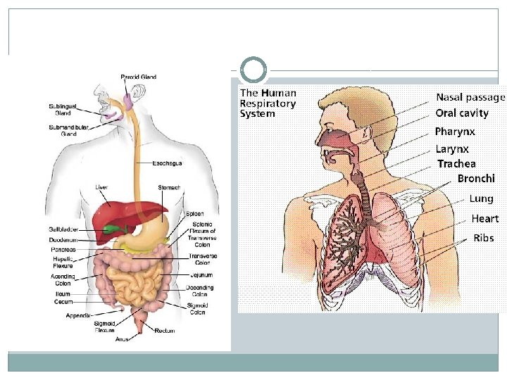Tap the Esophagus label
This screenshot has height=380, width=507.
(168, 163)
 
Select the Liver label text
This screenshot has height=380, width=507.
(102, 187)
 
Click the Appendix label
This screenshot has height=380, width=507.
(78, 315)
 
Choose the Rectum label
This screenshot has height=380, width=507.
(165, 330)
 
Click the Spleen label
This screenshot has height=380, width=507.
(195, 214)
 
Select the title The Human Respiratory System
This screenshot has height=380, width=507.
(268, 103)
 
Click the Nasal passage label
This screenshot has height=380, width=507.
(470, 97)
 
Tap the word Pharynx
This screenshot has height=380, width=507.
(454, 132)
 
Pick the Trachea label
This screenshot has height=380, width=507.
(456, 164)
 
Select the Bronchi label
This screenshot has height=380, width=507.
(476, 179)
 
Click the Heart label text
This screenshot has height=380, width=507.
(485, 219)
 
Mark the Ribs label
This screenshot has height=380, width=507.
(484, 238)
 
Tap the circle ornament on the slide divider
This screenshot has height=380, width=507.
(254, 70)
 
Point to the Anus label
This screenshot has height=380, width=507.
(122, 339)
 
